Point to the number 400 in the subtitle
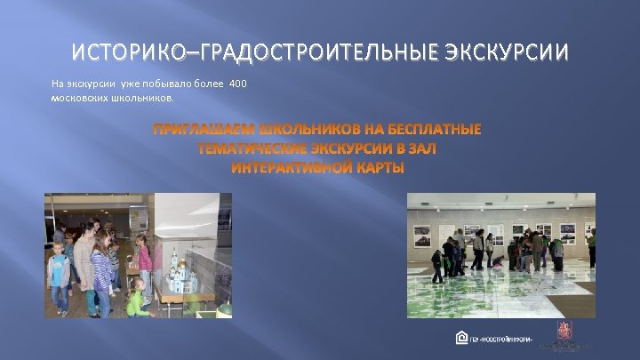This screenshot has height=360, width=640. (x=237, y=84)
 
